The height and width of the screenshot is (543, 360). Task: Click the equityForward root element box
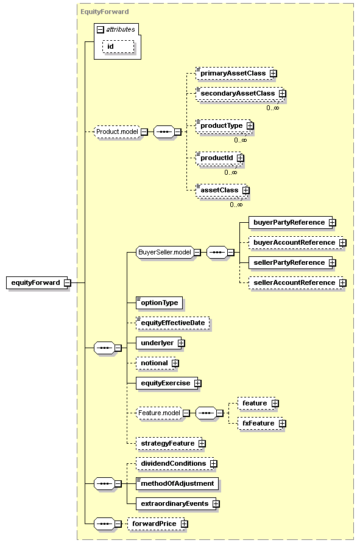pos(37,282)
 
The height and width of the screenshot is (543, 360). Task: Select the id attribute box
pos(118,46)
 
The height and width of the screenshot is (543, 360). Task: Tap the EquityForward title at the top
pos(105,12)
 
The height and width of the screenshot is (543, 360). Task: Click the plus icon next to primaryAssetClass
pos(274,74)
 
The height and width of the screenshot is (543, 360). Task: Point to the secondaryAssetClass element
pos(239,94)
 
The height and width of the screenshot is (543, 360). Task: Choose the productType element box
pos(223,126)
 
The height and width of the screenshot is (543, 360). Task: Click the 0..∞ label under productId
pos(230,172)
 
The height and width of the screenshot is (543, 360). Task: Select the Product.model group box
pos(117,131)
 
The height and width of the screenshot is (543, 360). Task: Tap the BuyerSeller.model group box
pos(164,252)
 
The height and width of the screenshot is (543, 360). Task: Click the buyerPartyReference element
pos(291,222)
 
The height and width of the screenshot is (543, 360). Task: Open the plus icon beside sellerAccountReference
pos(343,283)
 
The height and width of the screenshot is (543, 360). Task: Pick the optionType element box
pos(159,303)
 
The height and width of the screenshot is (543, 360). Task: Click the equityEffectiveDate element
pos(172,323)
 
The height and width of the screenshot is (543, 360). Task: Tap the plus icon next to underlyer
pos(181,343)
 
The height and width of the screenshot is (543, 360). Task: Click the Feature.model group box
pos(159,413)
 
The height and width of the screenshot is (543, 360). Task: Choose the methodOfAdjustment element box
pos(177,483)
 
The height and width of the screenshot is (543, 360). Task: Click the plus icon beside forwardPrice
pos(185,524)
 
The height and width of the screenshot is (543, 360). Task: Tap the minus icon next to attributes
pos(101,30)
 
